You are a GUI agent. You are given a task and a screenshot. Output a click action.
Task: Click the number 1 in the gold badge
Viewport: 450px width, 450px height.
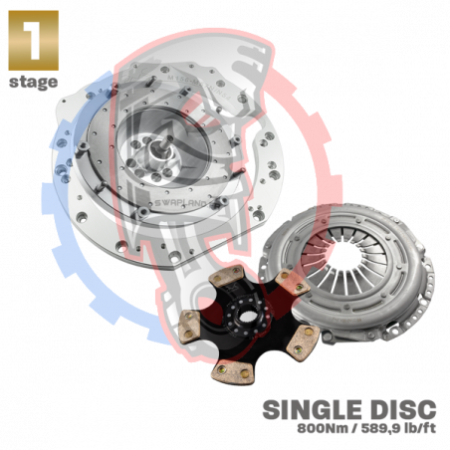pyautogui.click(x=33, y=41)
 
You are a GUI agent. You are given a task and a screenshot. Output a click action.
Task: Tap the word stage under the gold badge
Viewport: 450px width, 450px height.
pyautogui.click(x=34, y=82)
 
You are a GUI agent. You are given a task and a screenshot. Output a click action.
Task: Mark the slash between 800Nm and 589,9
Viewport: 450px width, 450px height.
pyautogui.click(x=351, y=428)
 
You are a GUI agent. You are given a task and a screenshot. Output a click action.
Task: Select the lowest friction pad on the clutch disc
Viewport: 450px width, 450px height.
pyautogui.click(x=234, y=372)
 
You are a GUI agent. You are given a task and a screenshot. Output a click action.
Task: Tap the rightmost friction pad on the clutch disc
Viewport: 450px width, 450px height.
pyautogui.click(x=303, y=339)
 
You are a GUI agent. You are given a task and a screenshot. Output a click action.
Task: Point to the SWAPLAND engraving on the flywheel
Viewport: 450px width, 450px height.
pyautogui.click(x=181, y=203)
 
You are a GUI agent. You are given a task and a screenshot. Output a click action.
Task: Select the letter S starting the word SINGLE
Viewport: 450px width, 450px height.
pyautogui.click(x=271, y=409)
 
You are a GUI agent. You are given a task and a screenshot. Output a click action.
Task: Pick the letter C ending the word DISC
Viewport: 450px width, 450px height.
pyautogui.click(x=427, y=409)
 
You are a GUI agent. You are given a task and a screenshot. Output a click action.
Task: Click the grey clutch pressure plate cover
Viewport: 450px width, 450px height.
pyautogui.click(x=348, y=272)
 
